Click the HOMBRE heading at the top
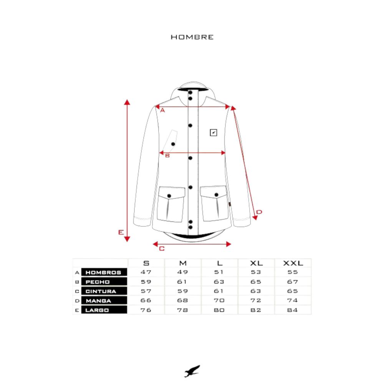(192, 37)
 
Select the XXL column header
(293, 263)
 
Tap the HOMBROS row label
(104, 273)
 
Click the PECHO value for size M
(183, 282)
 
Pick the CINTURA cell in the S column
(146, 291)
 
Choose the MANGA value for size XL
(256, 300)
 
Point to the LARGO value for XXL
(293, 310)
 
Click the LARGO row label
(97, 310)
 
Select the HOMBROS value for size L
(219, 272)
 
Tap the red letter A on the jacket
(162, 111)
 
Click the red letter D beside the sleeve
(259, 212)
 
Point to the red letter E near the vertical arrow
(121, 232)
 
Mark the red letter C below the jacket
(162, 248)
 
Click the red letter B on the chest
(167, 156)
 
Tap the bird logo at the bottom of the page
(192, 371)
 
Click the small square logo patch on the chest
(214, 133)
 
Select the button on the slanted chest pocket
(173, 144)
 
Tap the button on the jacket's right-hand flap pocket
(217, 194)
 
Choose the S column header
(146, 263)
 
